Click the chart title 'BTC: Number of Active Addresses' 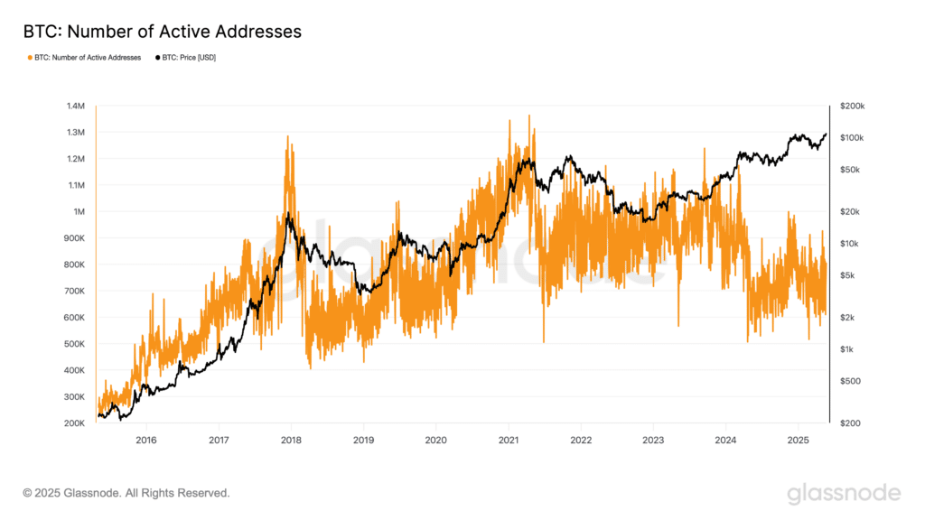(x=163, y=32)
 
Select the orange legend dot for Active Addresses (x=30, y=58)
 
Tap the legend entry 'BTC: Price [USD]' (x=189, y=58)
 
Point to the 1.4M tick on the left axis (x=76, y=107)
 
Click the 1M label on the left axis (x=79, y=211)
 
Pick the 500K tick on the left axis (x=74, y=344)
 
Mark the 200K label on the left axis (x=74, y=423)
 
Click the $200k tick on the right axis (x=853, y=107)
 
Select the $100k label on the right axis (x=852, y=138)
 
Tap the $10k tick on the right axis (x=849, y=244)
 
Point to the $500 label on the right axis (x=850, y=381)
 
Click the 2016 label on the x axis (x=146, y=441)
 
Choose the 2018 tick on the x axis (x=291, y=441)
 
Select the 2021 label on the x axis (x=509, y=441)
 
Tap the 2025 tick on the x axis (x=799, y=441)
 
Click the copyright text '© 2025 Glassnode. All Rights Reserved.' (x=126, y=493)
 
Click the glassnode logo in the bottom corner (x=845, y=494)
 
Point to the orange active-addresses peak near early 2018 (x=288, y=137)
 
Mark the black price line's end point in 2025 (x=826, y=135)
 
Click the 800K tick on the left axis (x=74, y=265)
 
